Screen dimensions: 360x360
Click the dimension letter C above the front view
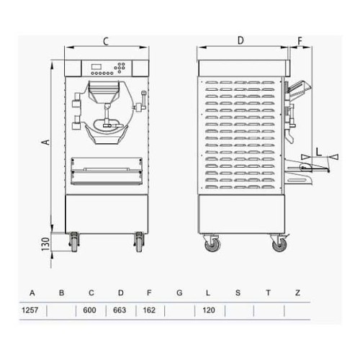point(106,41)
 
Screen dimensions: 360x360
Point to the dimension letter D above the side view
point(241,41)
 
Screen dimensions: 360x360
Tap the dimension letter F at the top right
point(300,41)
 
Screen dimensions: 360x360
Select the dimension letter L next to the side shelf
point(317,151)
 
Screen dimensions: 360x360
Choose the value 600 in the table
point(91,311)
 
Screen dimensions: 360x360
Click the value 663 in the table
point(120,311)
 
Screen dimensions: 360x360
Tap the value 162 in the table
point(150,311)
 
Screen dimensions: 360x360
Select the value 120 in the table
point(209,311)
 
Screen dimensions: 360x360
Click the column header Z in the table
point(297,293)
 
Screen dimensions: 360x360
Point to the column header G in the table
point(179,293)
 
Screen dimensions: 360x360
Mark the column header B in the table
point(61,293)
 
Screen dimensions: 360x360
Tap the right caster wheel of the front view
point(138,243)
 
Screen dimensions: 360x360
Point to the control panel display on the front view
point(99,68)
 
